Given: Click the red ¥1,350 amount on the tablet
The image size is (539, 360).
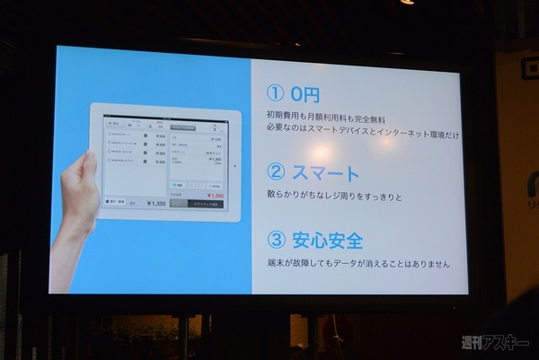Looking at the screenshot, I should (x=215, y=195).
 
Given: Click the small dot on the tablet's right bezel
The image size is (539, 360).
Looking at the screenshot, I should (x=235, y=165).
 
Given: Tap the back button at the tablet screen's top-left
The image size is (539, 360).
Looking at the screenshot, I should (x=115, y=124).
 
